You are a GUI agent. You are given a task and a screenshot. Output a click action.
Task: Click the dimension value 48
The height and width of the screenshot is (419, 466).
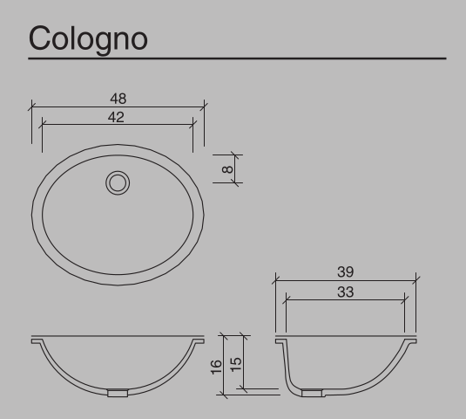click(117, 99)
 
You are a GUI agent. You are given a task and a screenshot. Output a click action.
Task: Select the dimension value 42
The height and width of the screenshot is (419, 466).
click(117, 116)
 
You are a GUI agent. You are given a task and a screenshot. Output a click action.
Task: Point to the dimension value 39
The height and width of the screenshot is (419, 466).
click(345, 271)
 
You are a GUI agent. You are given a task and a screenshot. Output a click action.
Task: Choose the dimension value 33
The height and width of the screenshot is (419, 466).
click(345, 292)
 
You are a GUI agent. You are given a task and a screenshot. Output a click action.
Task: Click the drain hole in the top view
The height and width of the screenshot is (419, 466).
click(118, 183)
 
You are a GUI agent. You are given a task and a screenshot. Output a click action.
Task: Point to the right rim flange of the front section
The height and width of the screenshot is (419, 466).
click(197, 340)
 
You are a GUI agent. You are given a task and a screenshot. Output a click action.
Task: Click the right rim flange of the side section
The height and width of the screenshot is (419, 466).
click(409, 340)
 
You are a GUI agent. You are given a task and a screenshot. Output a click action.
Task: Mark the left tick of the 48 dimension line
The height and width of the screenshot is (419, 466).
click(31, 106)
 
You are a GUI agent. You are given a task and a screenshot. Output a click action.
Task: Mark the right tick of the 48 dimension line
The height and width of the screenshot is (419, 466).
click(203, 106)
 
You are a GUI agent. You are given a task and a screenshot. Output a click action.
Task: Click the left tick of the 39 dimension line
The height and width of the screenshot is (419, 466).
click(276, 279)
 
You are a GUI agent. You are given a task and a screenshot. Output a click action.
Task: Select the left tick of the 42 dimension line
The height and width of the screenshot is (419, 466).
click(42, 125)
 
